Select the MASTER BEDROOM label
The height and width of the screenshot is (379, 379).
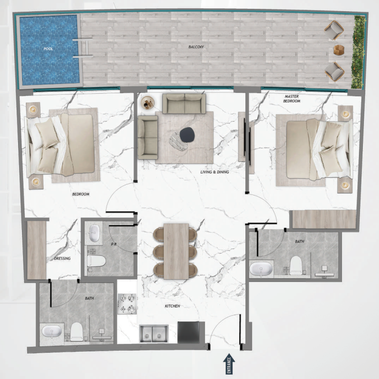(291, 99)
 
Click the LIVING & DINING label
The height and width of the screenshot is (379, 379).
(214, 172)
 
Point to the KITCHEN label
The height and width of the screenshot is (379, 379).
(172, 306)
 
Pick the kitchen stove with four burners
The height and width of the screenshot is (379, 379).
(127, 303)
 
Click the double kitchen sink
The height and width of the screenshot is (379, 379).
(154, 334)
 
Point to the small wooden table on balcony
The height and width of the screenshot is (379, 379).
(339, 50)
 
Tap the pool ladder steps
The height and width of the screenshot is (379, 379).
(82, 48)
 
